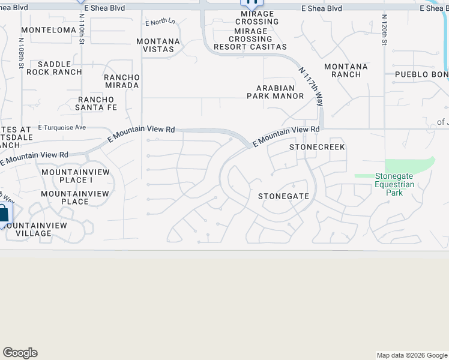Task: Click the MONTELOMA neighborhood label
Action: pyautogui.click(x=49, y=30)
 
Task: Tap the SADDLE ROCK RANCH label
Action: pyautogui.click(x=59, y=68)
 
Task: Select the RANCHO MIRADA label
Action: pyautogui.click(x=122, y=81)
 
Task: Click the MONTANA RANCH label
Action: pyautogui.click(x=346, y=70)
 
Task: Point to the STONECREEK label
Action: pyautogui.click(x=318, y=147)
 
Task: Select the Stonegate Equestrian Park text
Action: pyautogui.click(x=394, y=185)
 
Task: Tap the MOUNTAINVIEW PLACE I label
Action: pyautogui.click(x=67, y=176)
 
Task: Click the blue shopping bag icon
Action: pyautogui.click(x=3, y=215)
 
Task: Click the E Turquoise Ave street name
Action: pyautogui.click(x=62, y=127)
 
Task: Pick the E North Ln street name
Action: pyautogui.click(x=160, y=22)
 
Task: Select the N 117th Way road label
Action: pyautogui.click(x=311, y=86)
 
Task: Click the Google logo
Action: pyautogui.click(x=20, y=353)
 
